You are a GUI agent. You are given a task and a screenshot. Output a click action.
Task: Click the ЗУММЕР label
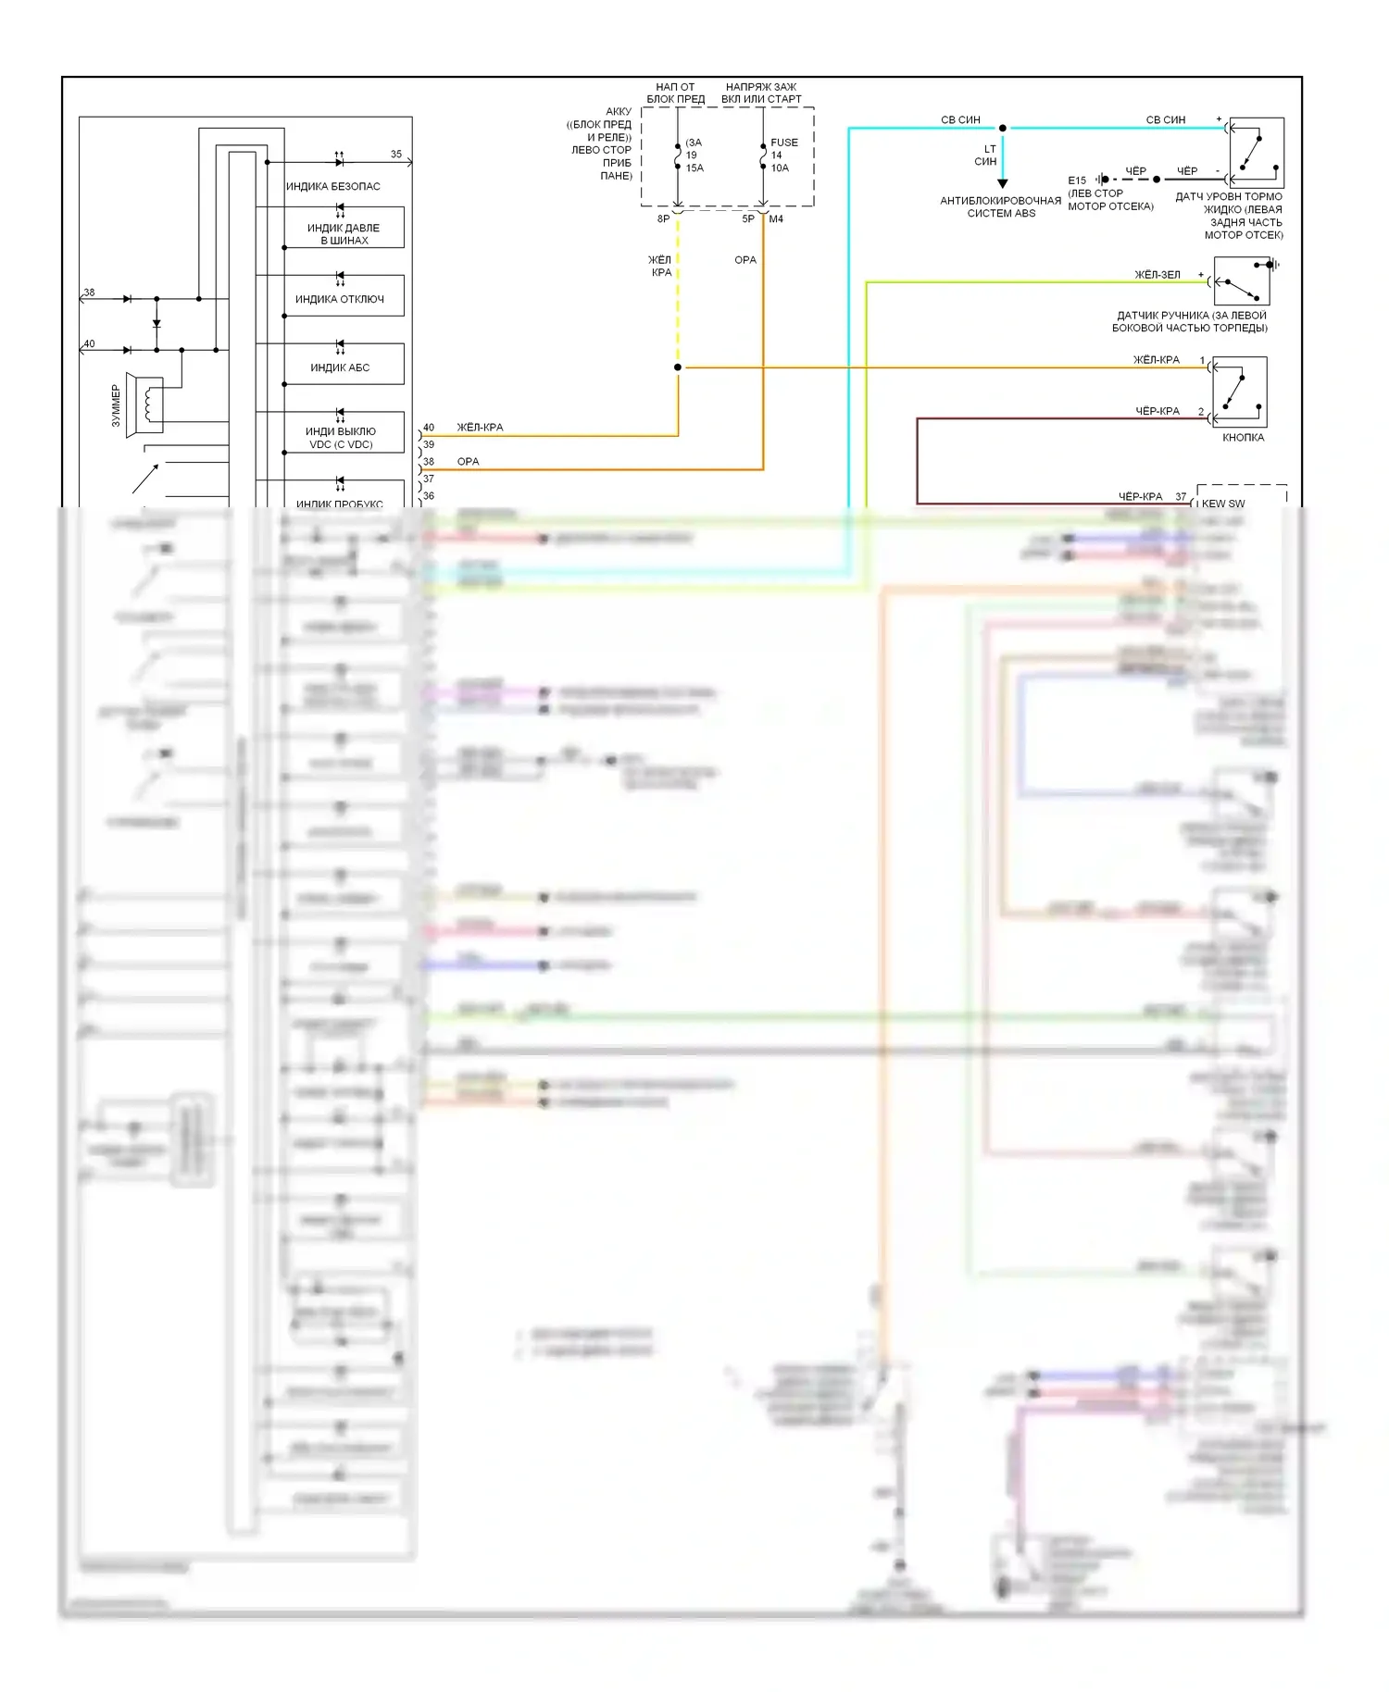[x=116, y=405]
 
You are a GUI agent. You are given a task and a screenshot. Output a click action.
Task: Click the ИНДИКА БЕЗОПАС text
[x=332, y=186]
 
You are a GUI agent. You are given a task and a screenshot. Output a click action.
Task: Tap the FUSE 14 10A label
[x=782, y=156]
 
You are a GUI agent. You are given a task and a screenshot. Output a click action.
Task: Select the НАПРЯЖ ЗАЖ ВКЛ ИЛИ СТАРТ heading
[x=761, y=93]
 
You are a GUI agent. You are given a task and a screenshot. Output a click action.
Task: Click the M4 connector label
[x=776, y=219]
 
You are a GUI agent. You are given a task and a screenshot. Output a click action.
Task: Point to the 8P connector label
[x=663, y=219]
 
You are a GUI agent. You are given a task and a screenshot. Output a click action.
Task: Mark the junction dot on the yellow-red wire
[x=678, y=367]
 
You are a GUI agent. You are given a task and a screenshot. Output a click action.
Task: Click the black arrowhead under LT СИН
[x=1002, y=183]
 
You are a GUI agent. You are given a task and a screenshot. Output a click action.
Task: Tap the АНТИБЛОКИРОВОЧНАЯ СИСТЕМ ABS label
[x=1001, y=206]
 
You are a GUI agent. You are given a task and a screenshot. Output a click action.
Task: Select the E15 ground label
[x=1077, y=180]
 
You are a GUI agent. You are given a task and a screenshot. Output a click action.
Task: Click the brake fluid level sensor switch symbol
[x=1257, y=153]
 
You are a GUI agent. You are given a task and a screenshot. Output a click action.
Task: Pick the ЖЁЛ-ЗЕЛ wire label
[x=1157, y=275]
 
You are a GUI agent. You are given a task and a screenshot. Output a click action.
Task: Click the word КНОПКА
[x=1243, y=438]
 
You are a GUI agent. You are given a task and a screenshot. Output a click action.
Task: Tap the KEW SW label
[x=1223, y=504]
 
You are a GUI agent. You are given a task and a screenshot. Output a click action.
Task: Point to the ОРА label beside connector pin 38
[x=468, y=462]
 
